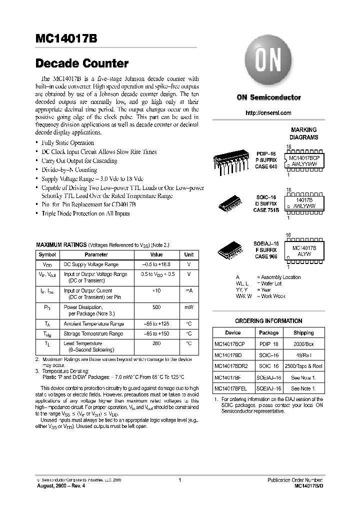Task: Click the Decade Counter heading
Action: click(82, 64)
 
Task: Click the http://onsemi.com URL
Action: click(268, 113)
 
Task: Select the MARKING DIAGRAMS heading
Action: click(303, 133)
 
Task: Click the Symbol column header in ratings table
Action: click(47, 254)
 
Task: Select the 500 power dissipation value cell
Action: click(156, 307)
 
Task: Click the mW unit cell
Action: click(189, 307)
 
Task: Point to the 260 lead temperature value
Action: click(156, 343)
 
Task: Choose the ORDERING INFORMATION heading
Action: click(268, 321)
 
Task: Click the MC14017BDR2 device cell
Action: click(230, 366)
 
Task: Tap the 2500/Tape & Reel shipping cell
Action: click(303, 366)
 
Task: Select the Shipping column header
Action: click(303, 332)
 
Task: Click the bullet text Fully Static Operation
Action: click(67, 143)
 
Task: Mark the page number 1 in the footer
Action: click(179, 479)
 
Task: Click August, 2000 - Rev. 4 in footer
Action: click(60, 485)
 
